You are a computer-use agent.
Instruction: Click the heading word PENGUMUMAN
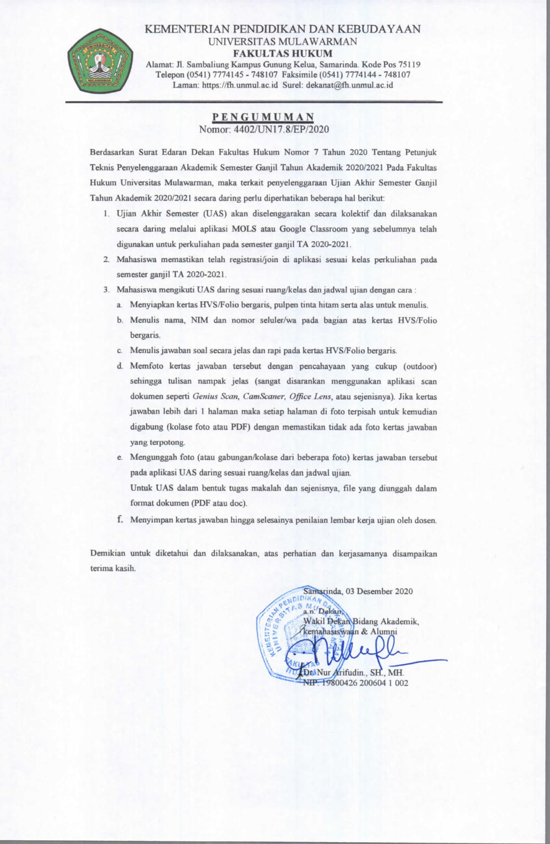click(x=263, y=117)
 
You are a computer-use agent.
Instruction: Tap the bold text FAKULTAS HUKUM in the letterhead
click(x=283, y=53)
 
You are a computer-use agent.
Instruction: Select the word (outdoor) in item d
click(x=420, y=366)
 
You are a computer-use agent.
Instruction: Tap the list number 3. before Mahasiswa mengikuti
click(x=107, y=290)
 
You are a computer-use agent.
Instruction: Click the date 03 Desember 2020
click(x=379, y=591)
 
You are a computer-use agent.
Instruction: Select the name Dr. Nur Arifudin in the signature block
click(x=335, y=672)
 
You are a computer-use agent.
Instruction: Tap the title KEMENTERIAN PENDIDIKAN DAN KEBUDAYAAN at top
click(x=283, y=29)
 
